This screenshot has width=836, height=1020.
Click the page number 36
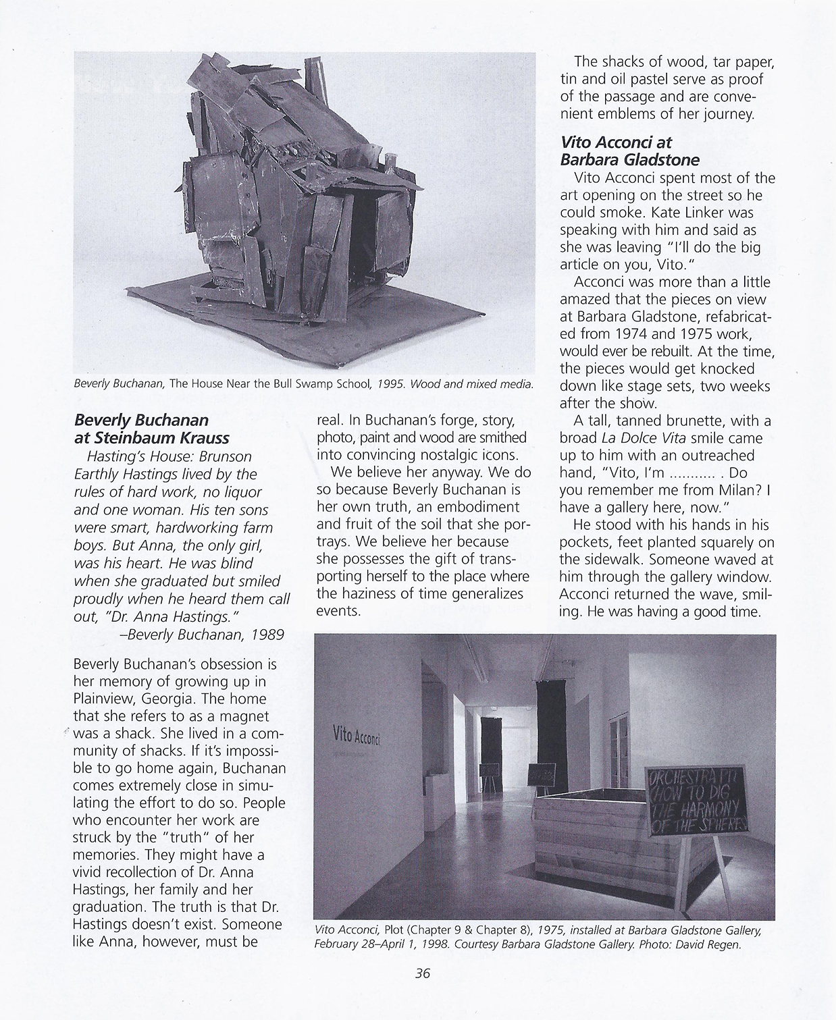pos(423,973)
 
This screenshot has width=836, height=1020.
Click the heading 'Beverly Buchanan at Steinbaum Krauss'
pos(151,429)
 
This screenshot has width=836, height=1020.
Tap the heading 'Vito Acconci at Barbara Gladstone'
pos(629,151)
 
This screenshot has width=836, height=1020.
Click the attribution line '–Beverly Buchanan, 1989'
pos(201,635)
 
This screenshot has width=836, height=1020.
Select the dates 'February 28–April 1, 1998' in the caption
pos(382,944)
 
